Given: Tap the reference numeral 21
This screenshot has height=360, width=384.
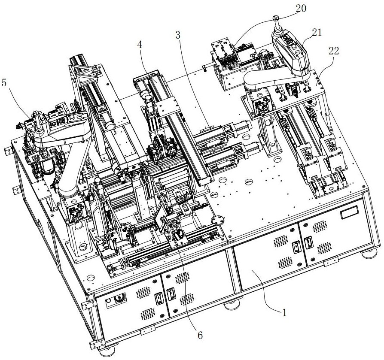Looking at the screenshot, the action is [317, 32].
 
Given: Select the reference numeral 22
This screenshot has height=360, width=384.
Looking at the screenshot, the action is [334, 51].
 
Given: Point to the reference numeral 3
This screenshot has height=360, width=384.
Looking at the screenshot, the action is [178, 35].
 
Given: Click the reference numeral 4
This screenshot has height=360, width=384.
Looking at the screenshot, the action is [140, 45].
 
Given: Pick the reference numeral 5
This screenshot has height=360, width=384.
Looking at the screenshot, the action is [4, 83].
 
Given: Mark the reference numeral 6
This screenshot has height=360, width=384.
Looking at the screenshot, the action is [200, 336].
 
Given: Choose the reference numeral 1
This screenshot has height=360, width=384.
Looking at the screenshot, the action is [284, 312].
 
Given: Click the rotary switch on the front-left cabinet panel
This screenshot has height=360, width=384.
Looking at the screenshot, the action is [119, 298].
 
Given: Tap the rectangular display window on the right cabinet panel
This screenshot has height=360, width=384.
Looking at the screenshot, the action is [349, 212].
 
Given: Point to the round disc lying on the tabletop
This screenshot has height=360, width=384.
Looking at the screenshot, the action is [218, 219].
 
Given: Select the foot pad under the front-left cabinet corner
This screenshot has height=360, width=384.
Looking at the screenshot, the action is [107, 352].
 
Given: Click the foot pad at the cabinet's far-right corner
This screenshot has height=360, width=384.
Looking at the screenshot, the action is [370, 253].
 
